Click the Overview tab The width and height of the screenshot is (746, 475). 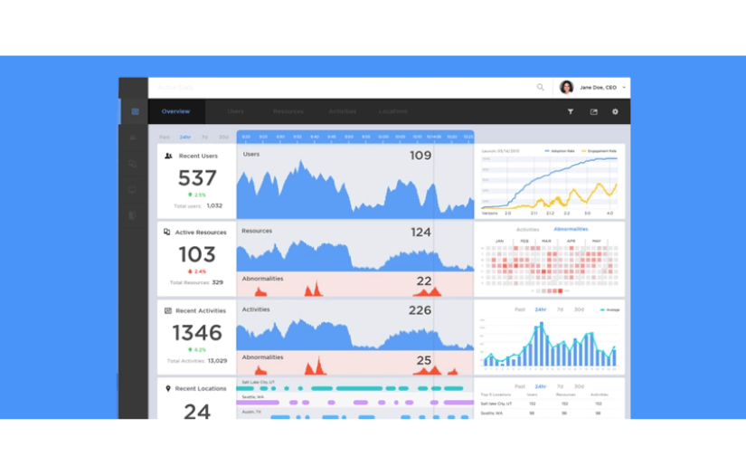175,111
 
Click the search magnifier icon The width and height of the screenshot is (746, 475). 541,88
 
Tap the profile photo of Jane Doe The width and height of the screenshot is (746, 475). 567,88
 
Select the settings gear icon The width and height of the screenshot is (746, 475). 615,112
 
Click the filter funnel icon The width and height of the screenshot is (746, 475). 571,112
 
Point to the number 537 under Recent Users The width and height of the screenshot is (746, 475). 197,178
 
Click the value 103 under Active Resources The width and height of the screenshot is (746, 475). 197,254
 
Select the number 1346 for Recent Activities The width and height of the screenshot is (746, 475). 197,333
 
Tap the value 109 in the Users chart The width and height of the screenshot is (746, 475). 420,156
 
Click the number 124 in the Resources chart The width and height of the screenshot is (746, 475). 420,233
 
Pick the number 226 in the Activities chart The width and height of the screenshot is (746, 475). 420,310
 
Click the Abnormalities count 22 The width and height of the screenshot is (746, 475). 423,281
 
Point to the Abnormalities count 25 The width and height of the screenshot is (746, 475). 423,360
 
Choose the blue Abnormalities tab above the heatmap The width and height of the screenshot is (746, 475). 571,230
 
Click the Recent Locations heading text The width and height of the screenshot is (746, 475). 201,389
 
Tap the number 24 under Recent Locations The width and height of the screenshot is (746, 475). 197,412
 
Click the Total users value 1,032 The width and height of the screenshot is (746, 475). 214,206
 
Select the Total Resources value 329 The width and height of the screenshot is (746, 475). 217,283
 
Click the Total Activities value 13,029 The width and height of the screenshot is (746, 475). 217,361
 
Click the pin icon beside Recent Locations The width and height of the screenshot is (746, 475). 168,389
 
